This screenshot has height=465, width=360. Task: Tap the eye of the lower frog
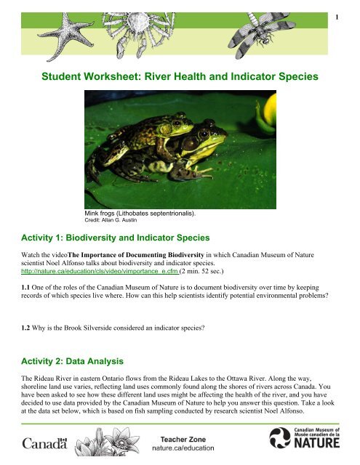[207, 136]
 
